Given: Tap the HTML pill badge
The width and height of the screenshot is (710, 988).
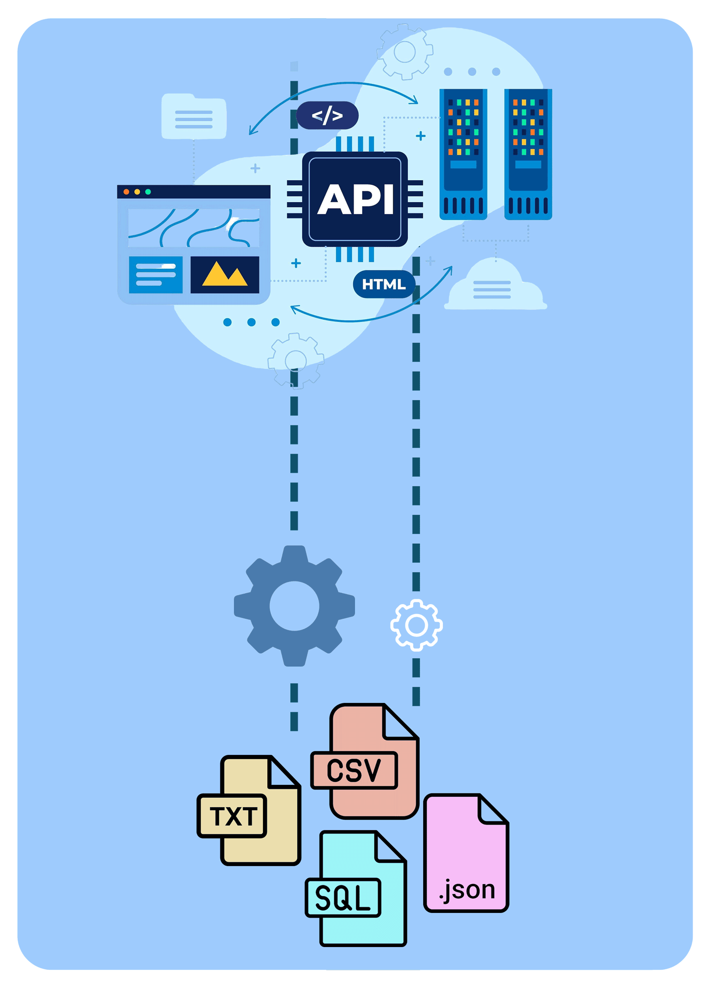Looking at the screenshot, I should (383, 284).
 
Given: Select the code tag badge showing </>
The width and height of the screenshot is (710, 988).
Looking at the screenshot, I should (327, 115).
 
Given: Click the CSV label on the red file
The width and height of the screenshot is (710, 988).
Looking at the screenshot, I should (354, 770).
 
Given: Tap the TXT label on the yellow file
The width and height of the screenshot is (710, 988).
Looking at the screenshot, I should (232, 816).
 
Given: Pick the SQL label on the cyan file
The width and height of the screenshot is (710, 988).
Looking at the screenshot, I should (342, 897).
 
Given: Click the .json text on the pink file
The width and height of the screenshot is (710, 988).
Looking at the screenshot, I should (467, 889).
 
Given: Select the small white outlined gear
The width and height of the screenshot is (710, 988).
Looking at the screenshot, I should (416, 625).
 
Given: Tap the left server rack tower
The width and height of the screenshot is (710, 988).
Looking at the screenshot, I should (462, 153).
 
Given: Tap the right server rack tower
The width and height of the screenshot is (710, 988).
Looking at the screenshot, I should (527, 153).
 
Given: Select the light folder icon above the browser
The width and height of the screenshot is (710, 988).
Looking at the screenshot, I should (193, 117).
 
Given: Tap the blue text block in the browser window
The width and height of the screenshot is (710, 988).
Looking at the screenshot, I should (155, 274).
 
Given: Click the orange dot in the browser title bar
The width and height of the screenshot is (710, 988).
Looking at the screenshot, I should (126, 192).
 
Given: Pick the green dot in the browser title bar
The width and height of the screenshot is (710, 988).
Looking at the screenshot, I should (148, 192).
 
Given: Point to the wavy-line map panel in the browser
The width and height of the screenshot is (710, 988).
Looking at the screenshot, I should (193, 227).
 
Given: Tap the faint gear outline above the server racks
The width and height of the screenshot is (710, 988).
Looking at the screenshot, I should (404, 51).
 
